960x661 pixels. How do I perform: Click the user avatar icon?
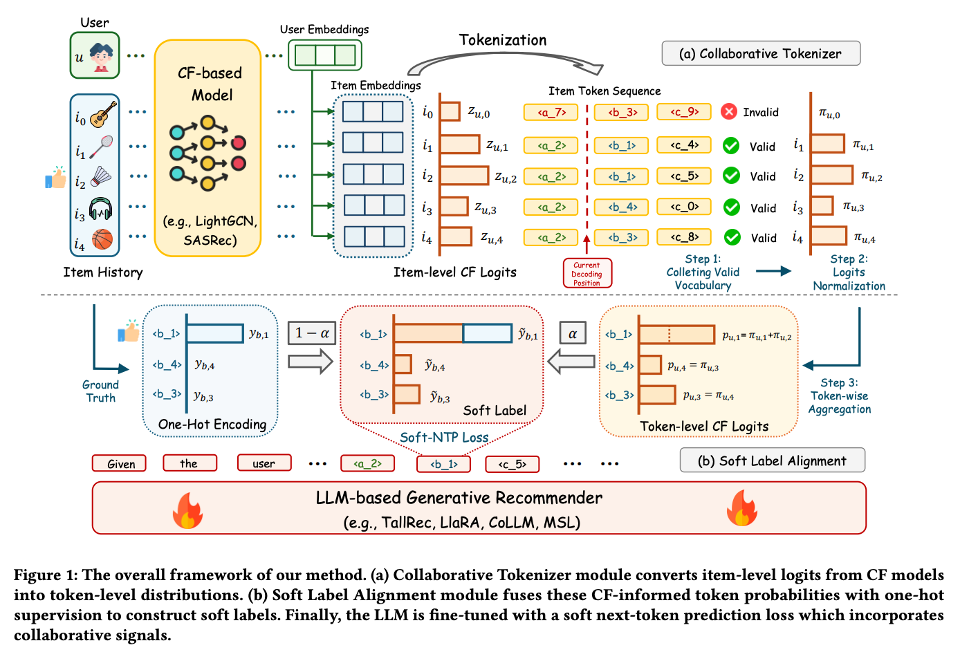click(x=101, y=56)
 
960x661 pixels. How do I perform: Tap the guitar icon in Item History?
click(x=103, y=115)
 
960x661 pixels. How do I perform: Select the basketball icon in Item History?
click(x=102, y=239)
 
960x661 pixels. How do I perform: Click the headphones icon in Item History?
click(x=101, y=208)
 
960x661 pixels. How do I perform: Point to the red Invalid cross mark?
click(x=728, y=111)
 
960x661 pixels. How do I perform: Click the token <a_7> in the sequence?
click(x=551, y=112)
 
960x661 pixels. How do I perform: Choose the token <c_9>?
click(x=683, y=112)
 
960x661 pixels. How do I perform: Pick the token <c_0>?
click(x=683, y=207)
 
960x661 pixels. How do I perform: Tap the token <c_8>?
click(x=683, y=237)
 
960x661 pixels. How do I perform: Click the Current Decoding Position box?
click(x=587, y=274)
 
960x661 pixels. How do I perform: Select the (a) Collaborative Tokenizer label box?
click(x=760, y=54)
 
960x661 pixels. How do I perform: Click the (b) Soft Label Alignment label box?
click(x=772, y=461)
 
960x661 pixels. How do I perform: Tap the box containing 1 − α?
click(x=312, y=333)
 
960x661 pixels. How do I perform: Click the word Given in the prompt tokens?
click(x=119, y=463)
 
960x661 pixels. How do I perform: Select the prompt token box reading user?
click(x=264, y=463)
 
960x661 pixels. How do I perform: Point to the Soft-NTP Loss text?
click(x=444, y=437)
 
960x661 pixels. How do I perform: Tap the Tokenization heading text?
click(x=503, y=40)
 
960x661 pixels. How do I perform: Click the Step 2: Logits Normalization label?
click(x=849, y=272)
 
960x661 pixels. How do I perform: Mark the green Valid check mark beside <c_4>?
click(x=731, y=146)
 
